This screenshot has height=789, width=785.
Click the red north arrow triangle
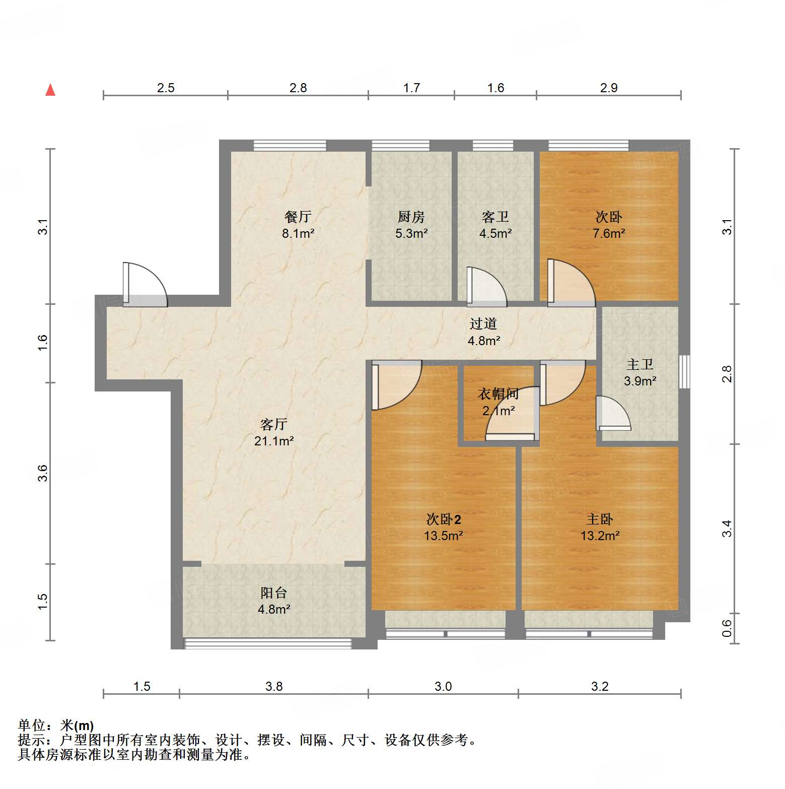(50, 90)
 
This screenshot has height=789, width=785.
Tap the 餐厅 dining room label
(298, 217)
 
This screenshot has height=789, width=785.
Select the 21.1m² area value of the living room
(274, 441)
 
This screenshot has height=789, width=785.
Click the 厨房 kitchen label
(411, 217)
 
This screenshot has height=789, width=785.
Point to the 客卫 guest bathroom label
(495, 217)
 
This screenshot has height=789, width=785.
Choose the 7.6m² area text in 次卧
(609, 233)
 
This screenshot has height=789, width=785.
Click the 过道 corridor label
(483, 323)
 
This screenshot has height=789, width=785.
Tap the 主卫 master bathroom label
(640, 364)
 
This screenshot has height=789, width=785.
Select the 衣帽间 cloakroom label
(498, 393)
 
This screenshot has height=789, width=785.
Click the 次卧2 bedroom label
(443, 519)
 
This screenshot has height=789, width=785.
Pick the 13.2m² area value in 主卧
(600, 536)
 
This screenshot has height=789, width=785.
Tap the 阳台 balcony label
(274, 593)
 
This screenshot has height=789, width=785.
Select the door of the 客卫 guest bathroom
(485, 287)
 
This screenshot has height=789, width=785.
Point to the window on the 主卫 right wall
(684, 371)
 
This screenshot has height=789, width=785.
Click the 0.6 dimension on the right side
(727, 628)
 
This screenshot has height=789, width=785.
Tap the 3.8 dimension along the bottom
(274, 686)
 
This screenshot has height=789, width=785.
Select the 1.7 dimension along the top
(411, 88)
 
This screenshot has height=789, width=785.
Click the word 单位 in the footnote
(32, 726)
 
